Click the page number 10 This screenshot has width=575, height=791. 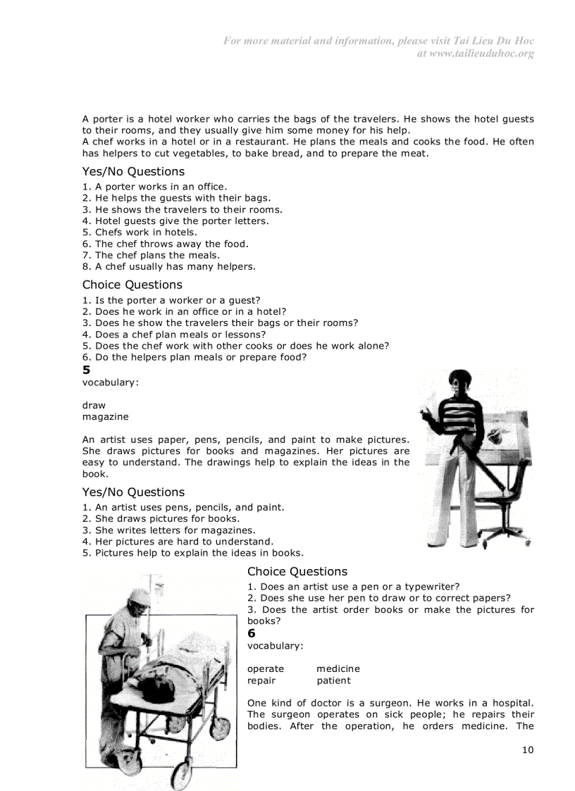point(528,749)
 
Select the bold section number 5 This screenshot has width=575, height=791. point(86,370)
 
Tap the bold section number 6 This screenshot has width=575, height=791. point(252,633)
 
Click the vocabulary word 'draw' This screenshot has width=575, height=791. point(94,405)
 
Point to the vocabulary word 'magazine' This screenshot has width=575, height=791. point(105,416)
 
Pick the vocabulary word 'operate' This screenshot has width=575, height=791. point(266,668)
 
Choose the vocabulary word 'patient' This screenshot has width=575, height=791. point(333,680)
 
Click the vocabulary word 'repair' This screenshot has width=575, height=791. point(261,680)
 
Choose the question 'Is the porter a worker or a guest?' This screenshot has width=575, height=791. point(171,300)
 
